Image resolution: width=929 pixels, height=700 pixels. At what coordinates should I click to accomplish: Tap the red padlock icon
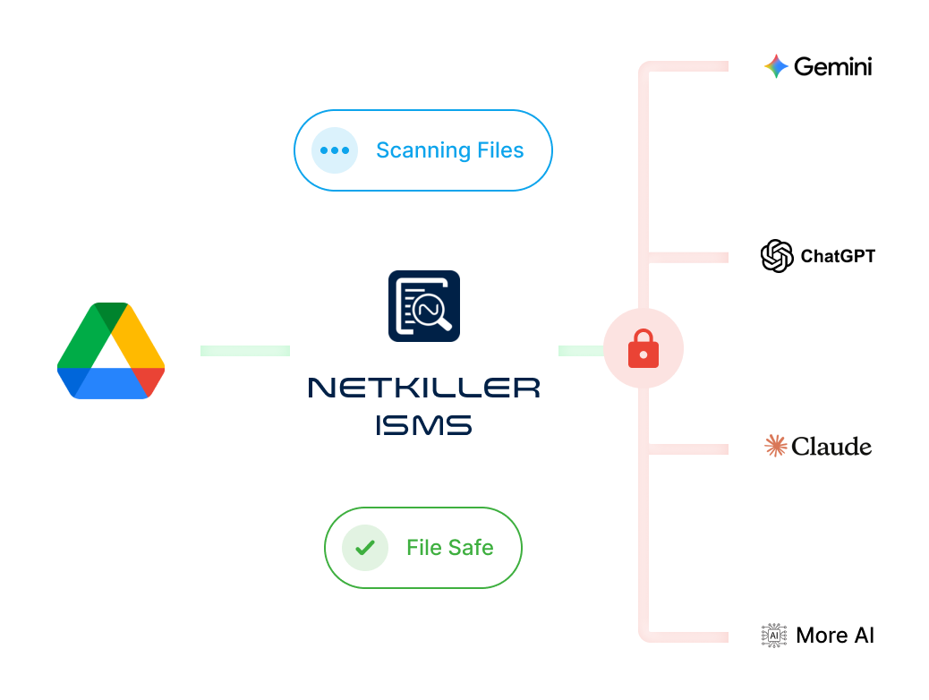click(x=643, y=349)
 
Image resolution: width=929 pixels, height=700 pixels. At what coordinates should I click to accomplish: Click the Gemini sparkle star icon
click(x=775, y=66)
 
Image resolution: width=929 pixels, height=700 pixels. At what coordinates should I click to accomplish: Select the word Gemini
click(x=832, y=66)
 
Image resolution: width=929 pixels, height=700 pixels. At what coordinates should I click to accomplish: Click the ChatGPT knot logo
click(x=776, y=256)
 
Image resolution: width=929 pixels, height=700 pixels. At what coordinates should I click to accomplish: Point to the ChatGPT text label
click(x=838, y=256)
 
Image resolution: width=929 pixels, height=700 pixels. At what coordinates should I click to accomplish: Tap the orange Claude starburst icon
click(x=776, y=446)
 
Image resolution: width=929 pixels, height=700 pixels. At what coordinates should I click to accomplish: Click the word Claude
click(x=831, y=446)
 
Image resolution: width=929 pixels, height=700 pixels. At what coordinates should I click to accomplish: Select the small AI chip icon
click(x=772, y=636)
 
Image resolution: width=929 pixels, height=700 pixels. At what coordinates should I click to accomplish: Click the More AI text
click(x=835, y=636)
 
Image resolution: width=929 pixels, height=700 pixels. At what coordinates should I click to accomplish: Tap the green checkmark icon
click(x=364, y=548)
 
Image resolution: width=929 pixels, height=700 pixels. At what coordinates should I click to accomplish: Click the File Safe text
click(x=449, y=548)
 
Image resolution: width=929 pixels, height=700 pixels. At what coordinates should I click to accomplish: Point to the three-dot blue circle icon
click(x=334, y=150)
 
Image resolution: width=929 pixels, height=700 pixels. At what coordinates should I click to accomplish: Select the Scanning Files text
click(x=449, y=150)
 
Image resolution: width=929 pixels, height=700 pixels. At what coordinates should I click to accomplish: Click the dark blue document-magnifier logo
click(x=424, y=306)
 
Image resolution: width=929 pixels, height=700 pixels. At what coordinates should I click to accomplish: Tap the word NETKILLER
click(x=424, y=388)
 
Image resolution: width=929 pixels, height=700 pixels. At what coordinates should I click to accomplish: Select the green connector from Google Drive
click(x=243, y=350)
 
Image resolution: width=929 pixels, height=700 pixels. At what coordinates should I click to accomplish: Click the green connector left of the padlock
click(x=580, y=350)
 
